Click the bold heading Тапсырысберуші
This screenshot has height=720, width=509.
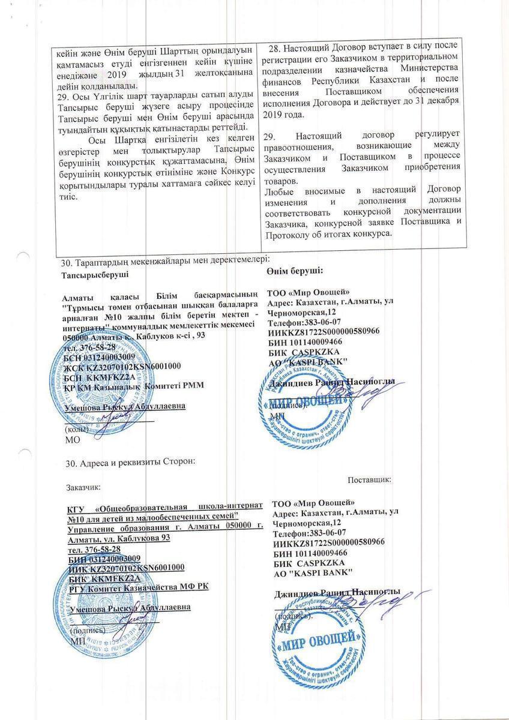[95, 275]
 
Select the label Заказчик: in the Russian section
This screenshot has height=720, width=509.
[83, 489]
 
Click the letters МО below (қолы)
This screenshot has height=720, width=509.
[71, 439]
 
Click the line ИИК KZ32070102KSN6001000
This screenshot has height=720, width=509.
[127, 568]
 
